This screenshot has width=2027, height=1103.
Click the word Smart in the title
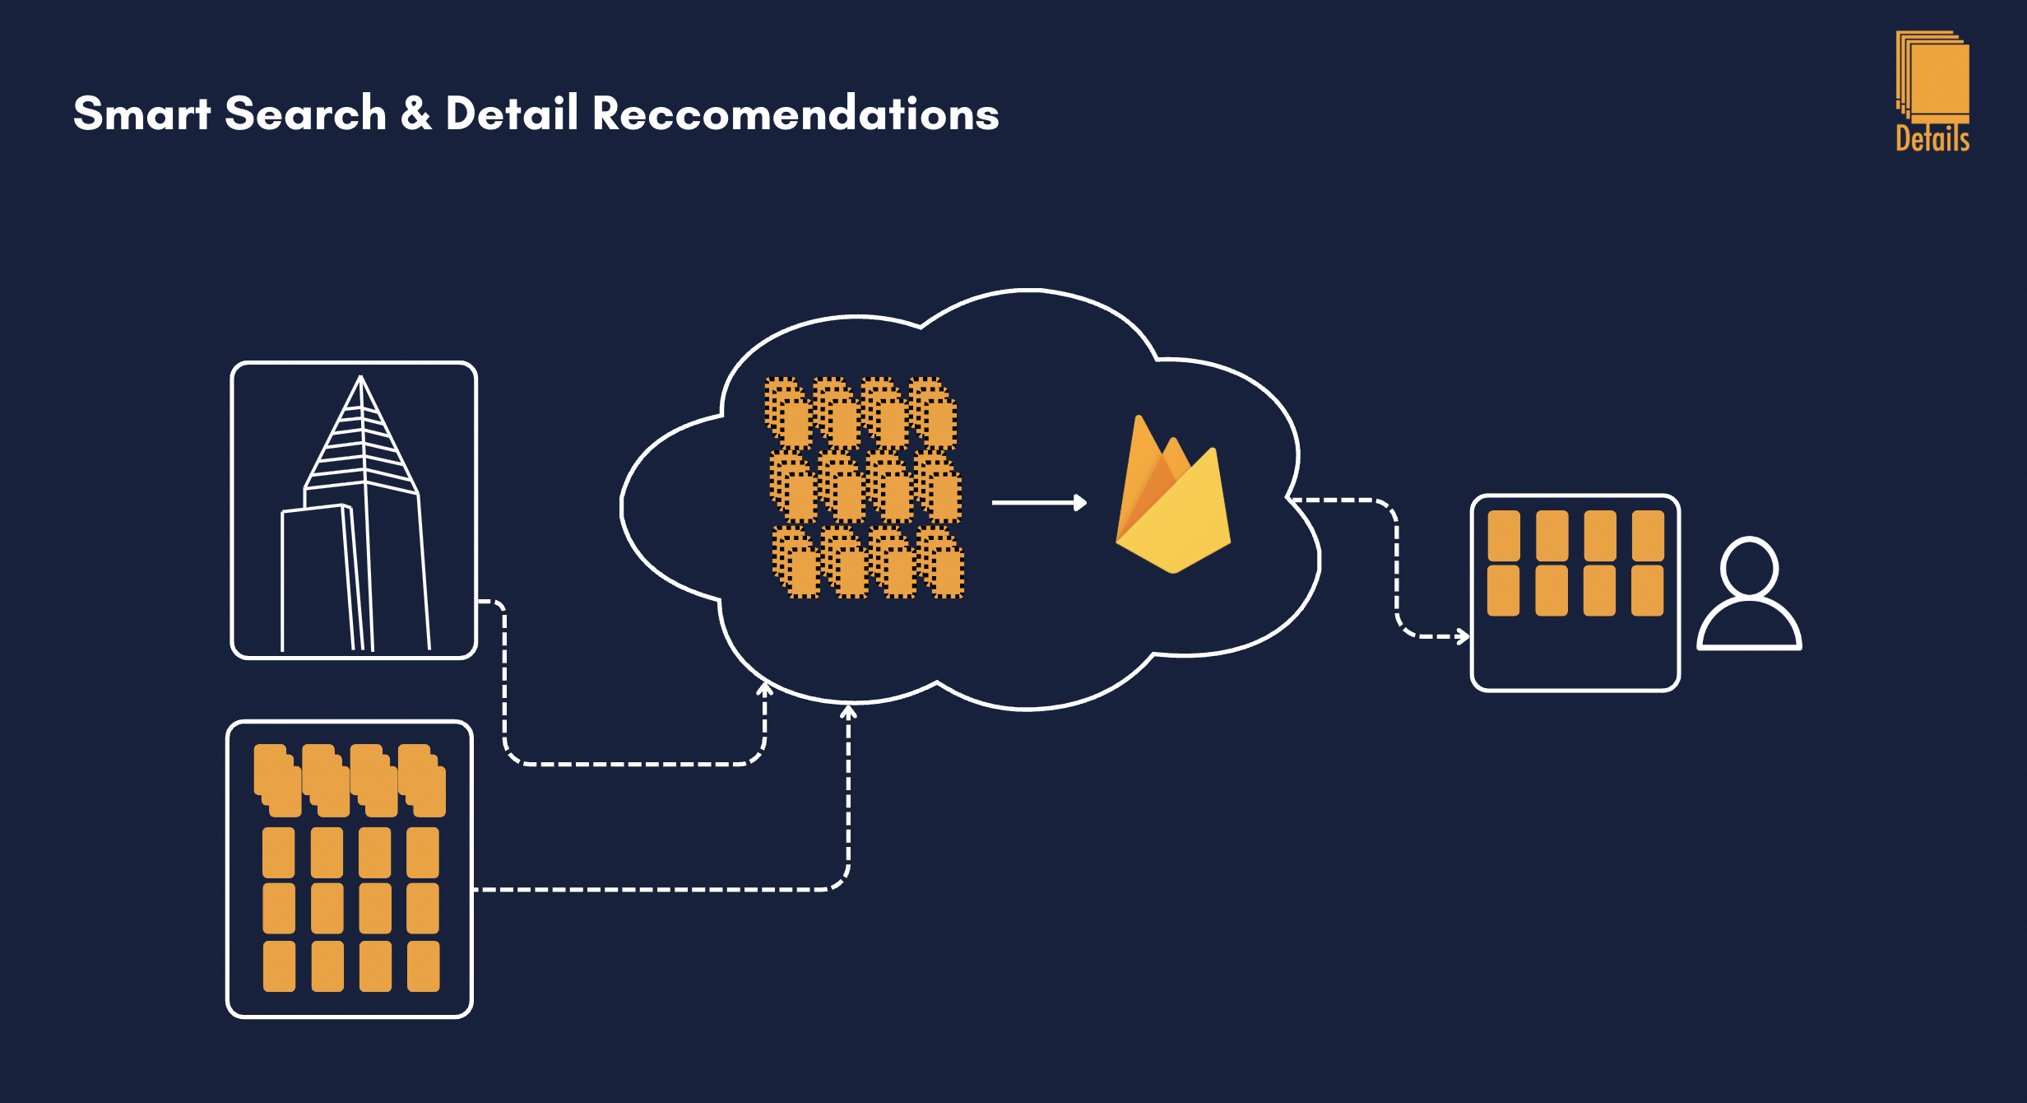[142, 113]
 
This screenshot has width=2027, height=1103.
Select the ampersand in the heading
[416, 113]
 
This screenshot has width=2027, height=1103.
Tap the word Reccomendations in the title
[795, 113]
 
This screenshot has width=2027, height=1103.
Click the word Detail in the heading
[512, 113]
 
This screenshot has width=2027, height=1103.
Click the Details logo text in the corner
[1932, 138]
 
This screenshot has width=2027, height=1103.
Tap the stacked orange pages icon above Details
[1932, 77]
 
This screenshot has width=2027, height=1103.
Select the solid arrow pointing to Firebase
[1039, 502]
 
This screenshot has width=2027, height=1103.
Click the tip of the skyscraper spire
[360, 377]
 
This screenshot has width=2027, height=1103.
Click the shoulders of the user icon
[1750, 624]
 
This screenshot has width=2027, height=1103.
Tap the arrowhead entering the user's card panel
[1463, 636]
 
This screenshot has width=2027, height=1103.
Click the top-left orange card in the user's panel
[1504, 536]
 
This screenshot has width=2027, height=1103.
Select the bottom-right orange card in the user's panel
[1648, 590]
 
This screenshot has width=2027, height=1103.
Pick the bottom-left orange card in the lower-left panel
[279, 966]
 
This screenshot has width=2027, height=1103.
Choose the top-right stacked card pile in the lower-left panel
[422, 780]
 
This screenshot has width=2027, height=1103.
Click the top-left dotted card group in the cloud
[789, 414]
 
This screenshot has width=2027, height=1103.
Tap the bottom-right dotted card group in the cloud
[939, 562]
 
